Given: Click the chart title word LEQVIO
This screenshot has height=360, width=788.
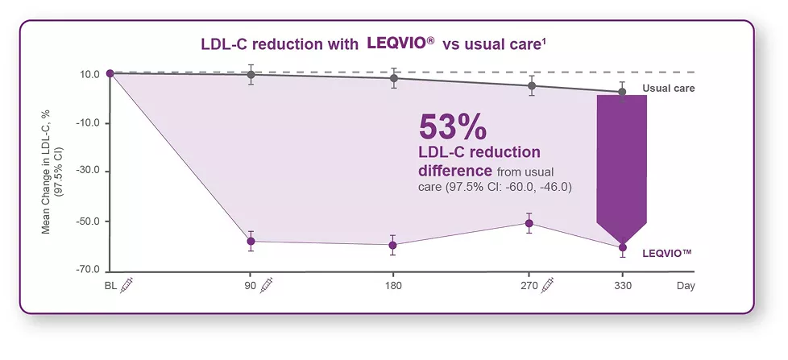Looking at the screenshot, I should click(396, 44).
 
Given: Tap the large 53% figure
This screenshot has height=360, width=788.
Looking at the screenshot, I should click(453, 127).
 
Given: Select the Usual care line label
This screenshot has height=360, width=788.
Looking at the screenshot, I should click(668, 89).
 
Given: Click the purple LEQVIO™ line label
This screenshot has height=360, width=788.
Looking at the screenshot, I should click(668, 253).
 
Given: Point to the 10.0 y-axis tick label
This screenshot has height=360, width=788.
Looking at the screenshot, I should click(89, 75).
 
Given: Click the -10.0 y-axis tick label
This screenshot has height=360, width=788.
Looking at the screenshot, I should click(87, 123).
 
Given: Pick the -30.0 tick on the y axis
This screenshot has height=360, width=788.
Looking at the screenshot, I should click(87, 172).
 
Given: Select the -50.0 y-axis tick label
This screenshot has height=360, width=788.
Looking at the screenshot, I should click(87, 221).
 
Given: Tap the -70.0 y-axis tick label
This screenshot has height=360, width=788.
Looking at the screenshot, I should click(87, 270).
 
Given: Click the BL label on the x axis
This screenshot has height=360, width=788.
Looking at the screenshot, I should click(111, 286).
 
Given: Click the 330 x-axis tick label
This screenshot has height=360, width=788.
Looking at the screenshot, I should click(622, 286).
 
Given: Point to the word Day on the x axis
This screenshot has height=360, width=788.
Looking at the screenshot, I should click(685, 286).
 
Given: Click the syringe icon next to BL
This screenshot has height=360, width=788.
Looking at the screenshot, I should click(127, 285).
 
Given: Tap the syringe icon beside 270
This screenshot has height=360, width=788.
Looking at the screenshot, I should click(548, 285).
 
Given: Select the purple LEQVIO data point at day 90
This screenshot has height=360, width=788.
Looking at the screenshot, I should click(251, 242).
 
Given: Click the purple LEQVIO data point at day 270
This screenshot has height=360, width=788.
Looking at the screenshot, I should click(529, 223).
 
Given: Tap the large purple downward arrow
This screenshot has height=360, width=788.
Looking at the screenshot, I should click(621, 169).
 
